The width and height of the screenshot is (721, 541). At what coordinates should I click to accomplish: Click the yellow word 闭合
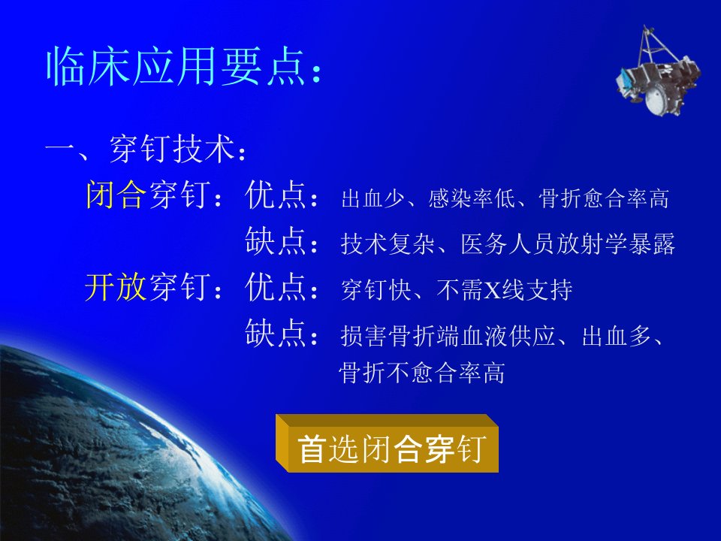pos(116,195)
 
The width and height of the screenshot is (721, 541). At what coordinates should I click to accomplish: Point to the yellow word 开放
pos(116,287)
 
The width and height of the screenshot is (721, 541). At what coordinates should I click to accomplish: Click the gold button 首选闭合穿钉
pos(388,443)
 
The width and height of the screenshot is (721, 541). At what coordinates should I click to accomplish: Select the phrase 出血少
pos(373,198)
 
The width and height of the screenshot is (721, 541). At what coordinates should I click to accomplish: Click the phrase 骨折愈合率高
pos(604,198)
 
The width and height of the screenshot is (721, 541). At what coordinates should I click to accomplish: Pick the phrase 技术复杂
pos(388,243)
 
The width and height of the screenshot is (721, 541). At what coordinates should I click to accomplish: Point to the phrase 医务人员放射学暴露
pos(568,243)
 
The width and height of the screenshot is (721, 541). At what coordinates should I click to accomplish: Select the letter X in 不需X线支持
pos(493,290)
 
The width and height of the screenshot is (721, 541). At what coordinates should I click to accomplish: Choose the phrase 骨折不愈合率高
pos(422,373)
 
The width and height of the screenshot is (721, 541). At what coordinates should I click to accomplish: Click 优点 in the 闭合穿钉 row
pos(276,195)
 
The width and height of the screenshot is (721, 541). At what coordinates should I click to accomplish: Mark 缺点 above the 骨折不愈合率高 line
pos(276,332)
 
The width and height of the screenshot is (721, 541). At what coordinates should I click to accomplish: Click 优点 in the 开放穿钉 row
pos(276,287)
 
